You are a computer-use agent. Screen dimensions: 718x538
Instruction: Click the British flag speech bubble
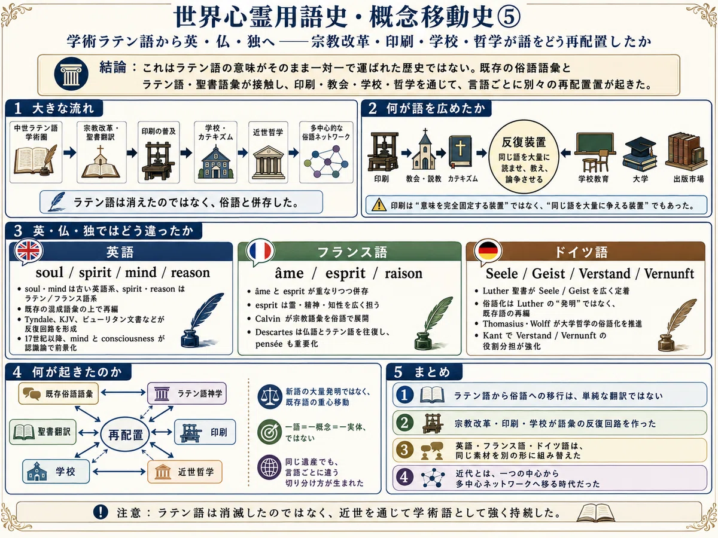[x=29, y=252]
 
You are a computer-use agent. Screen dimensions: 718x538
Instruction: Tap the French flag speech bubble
[x=260, y=252]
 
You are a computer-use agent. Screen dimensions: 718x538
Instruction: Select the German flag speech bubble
[x=488, y=252]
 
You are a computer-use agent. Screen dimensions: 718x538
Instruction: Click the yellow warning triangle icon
[x=379, y=204]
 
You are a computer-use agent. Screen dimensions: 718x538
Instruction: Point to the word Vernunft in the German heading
[x=669, y=273]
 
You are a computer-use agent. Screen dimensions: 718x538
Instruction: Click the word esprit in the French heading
[x=345, y=273]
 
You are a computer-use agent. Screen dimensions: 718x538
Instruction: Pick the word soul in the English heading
[x=50, y=273]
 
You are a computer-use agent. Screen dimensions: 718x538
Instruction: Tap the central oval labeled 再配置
[x=125, y=435]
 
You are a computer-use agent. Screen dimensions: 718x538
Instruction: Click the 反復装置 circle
[x=524, y=157]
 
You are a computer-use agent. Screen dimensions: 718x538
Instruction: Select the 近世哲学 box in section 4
[x=185, y=472]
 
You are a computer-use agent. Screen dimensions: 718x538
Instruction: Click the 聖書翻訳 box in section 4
[x=42, y=432]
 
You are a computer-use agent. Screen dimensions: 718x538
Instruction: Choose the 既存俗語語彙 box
[x=59, y=393]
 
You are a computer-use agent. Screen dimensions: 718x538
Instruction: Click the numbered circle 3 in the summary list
[x=404, y=450]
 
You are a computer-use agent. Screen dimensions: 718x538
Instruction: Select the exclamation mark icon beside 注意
[x=101, y=512]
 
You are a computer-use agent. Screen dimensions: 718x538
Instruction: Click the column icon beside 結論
[x=71, y=74]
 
